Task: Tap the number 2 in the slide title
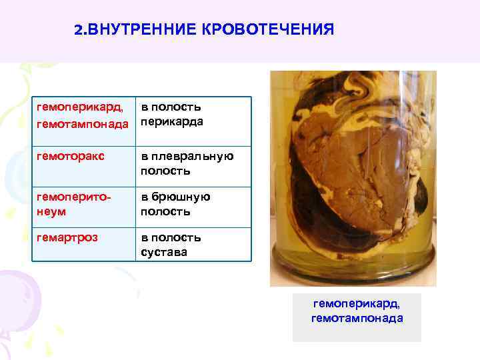pyautogui.click(x=78, y=31)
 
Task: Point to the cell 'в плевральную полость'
pyautogui.click(x=187, y=164)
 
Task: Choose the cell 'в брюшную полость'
pyautogui.click(x=175, y=204)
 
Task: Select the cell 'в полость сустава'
pyautogui.click(x=171, y=245)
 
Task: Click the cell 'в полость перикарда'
pyautogui.click(x=171, y=115)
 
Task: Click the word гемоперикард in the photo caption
pyautogui.click(x=357, y=304)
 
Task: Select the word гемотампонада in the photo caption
pyautogui.click(x=357, y=318)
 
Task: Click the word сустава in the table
pyautogui.click(x=164, y=252)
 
